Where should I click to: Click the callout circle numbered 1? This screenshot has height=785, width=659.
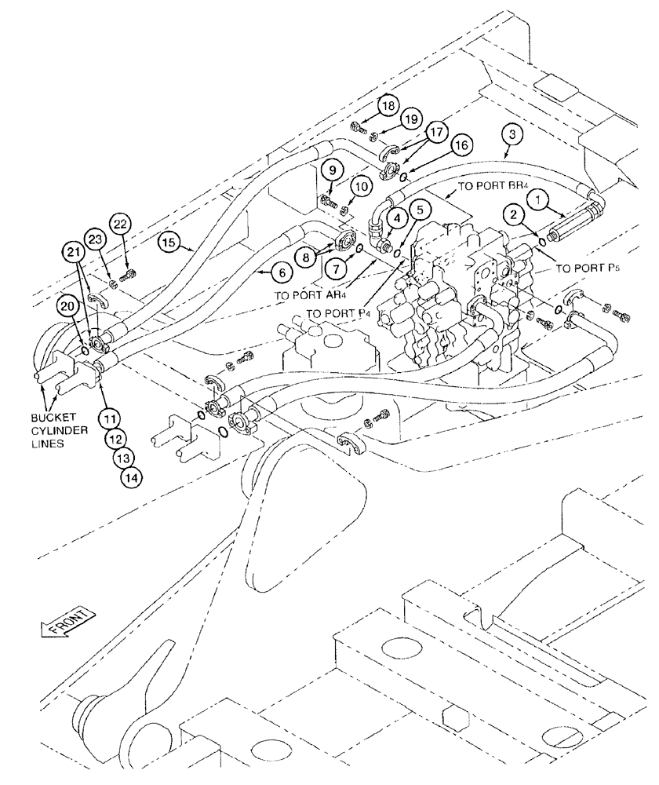pyautogui.click(x=540, y=200)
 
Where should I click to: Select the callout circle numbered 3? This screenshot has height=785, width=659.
pyautogui.click(x=512, y=136)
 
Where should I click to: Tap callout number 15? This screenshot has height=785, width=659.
pyautogui.click(x=166, y=243)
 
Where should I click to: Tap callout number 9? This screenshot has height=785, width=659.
pyautogui.click(x=332, y=169)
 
